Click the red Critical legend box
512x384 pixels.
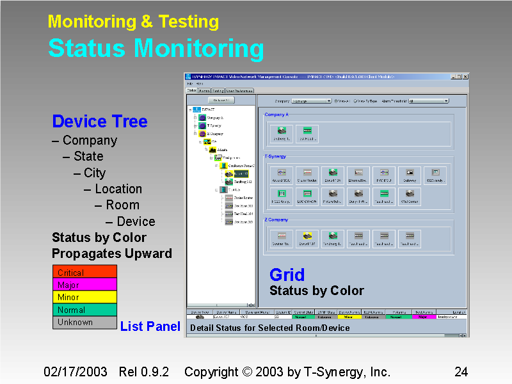(x=84, y=272)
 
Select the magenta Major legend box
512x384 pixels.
(x=84, y=284)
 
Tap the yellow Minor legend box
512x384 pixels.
(x=84, y=297)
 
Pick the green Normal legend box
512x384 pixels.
(x=84, y=310)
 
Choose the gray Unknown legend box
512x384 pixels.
(x=84, y=323)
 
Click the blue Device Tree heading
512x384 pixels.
(x=100, y=122)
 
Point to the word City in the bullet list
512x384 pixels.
(x=94, y=173)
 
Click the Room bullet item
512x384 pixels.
(x=122, y=205)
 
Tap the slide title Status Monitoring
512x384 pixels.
(x=156, y=49)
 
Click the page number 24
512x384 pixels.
(x=461, y=372)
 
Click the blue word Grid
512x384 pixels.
(x=287, y=275)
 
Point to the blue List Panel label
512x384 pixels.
(x=150, y=326)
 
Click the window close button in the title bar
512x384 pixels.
(x=465, y=76)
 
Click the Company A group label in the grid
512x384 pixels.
(x=276, y=115)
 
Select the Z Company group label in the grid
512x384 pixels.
(x=276, y=220)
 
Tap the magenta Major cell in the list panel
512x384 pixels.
(x=425, y=317)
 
